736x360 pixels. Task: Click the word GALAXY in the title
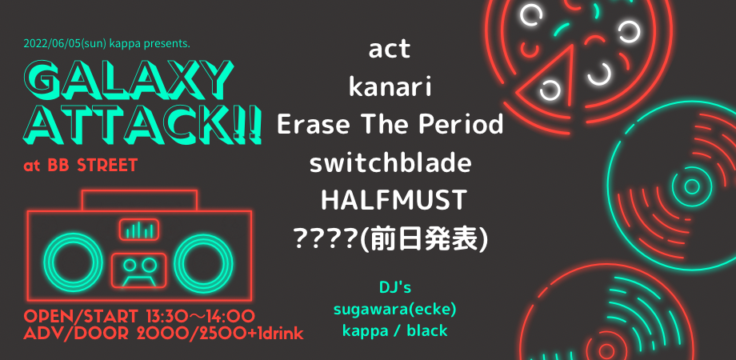point(128,77)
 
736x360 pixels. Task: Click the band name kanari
point(390,88)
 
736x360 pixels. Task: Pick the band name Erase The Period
point(390,125)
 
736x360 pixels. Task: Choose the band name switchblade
point(390,162)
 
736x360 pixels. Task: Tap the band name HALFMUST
point(394,200)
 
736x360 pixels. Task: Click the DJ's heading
point(395,287)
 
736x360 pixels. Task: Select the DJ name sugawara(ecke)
point(394,310)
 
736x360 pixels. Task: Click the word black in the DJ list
point(427,331)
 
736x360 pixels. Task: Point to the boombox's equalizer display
point(138,230)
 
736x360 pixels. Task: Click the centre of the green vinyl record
point(692,186)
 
